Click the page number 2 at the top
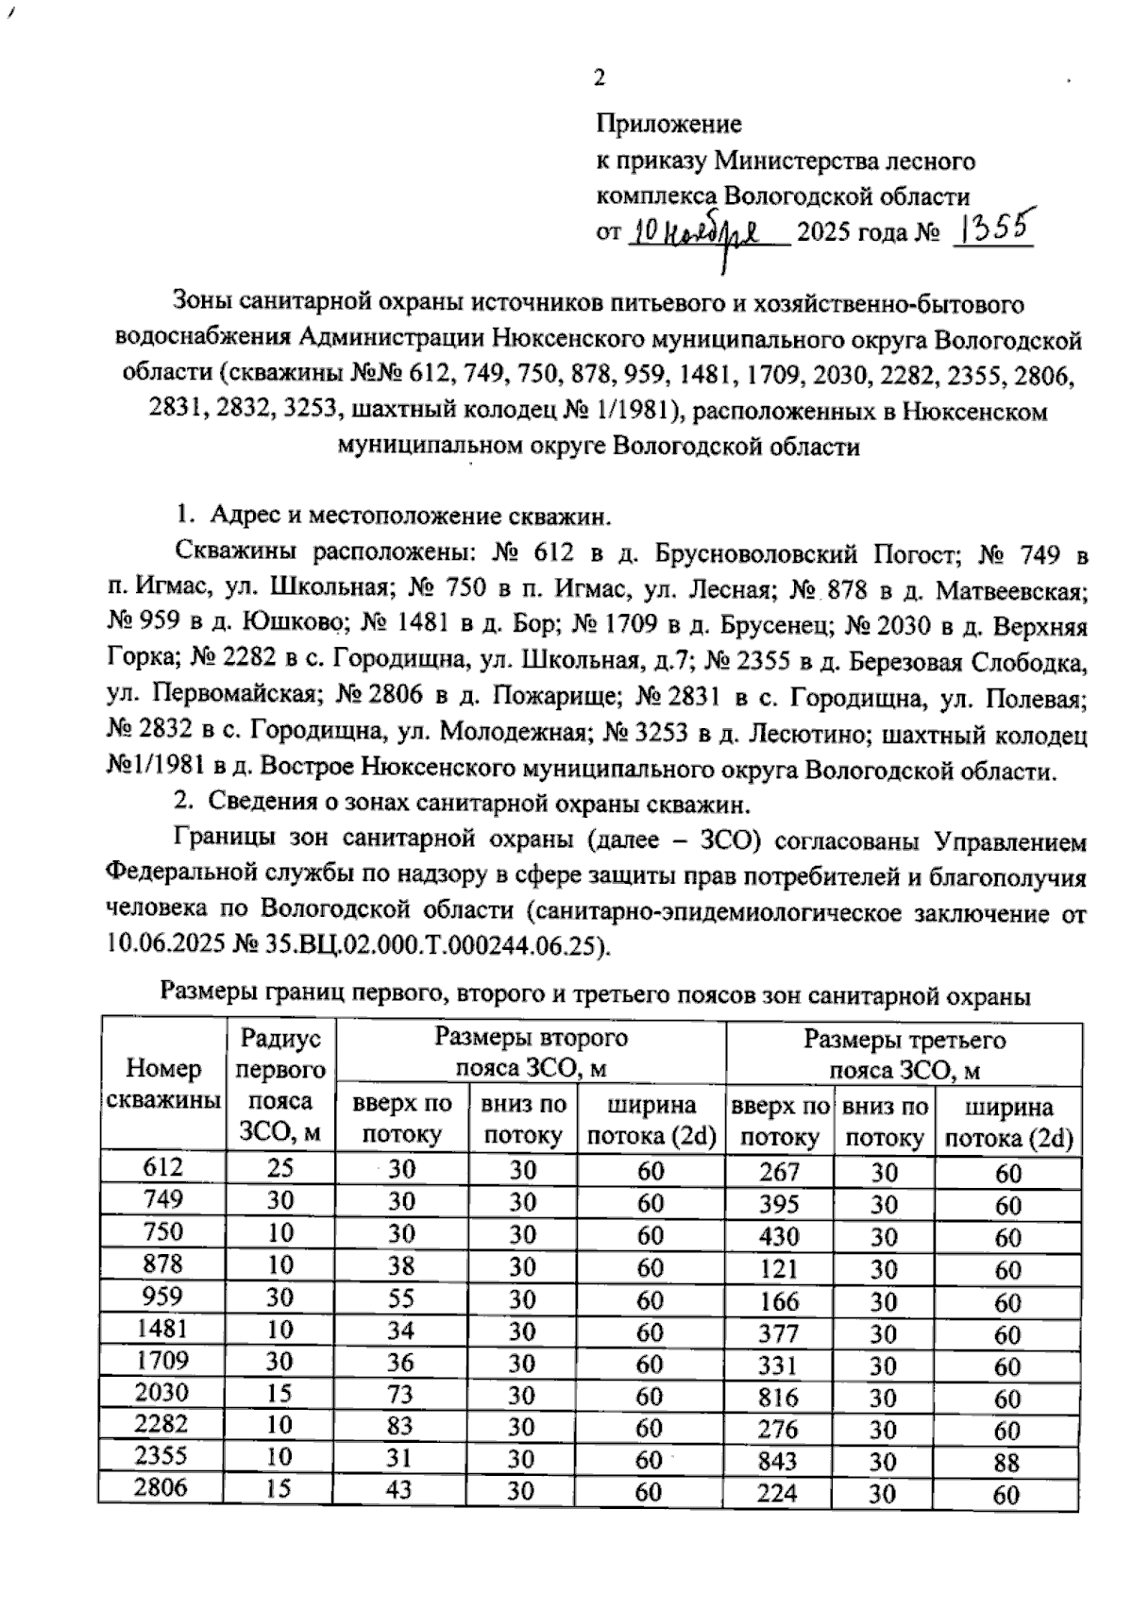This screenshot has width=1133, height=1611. point(599,78)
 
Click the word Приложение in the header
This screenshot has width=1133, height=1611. point(668,124)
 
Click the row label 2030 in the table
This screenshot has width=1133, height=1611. point(161,1392)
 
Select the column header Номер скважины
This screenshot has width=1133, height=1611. point(163,1083)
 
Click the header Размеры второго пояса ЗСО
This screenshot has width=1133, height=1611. point(531,1053)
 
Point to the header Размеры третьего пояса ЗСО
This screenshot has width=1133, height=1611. point(905,1053)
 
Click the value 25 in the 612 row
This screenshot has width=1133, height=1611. point(279,1167)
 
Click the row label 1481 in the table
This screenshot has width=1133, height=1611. point(161,1328)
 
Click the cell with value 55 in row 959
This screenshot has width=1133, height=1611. point(401,1298)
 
